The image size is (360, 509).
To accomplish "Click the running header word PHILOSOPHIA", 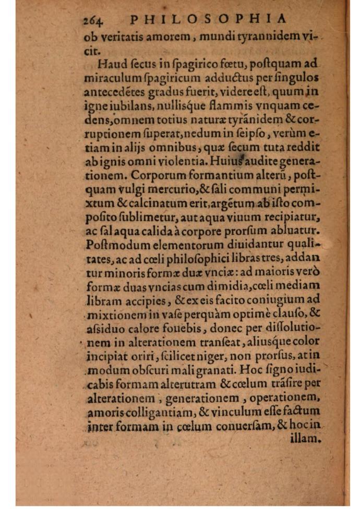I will (x=208, y=19).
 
